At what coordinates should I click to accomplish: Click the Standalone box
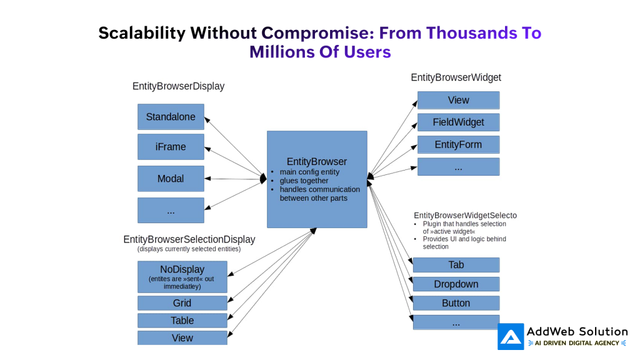(171, 117)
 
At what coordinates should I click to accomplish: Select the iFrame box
(171, 147)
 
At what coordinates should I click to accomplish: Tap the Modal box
(171, 179)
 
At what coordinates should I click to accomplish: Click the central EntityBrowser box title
(316, 161)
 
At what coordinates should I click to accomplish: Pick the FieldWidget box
(458, 122)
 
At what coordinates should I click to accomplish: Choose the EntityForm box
(458, 144)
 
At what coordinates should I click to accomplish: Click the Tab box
(456, 265)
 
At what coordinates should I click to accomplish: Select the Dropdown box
(456, 284)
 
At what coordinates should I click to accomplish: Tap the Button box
(456, 303)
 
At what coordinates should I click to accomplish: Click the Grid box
(182, 303)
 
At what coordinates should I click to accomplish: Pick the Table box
(182, 321)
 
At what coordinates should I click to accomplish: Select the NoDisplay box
(182, 277)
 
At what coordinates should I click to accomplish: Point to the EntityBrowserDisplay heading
(178, 86)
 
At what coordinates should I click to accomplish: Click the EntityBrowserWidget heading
(456, 77)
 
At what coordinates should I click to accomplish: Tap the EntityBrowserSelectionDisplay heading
(189, 239)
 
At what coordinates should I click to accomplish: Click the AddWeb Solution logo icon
(511, 336)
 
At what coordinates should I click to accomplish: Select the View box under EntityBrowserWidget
(458, 100)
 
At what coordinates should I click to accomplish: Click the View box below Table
(182, 338)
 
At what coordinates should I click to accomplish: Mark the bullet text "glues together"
(304, 181)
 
